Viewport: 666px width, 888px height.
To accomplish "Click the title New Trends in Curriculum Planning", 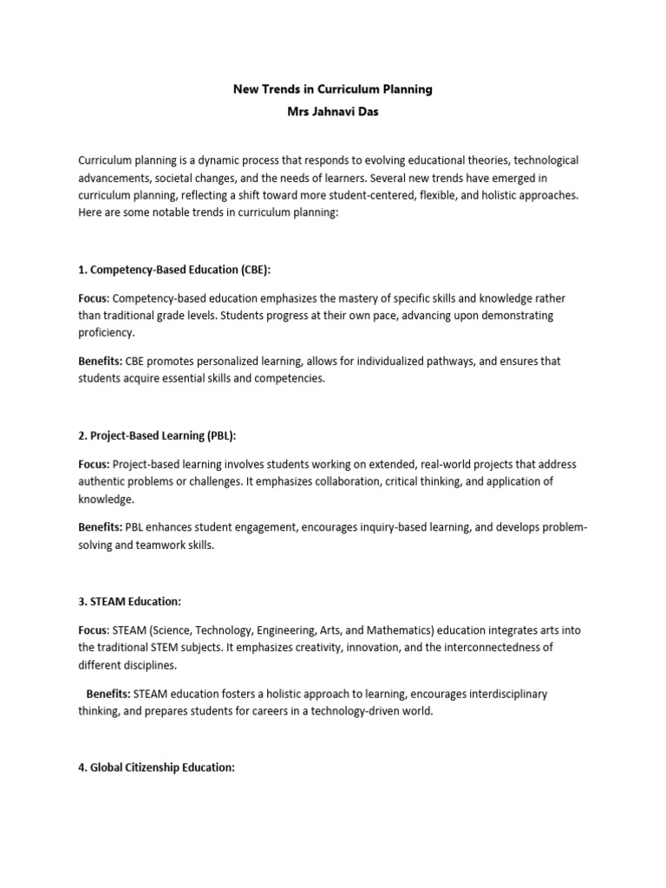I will pyautogui.click(x=333, y=89).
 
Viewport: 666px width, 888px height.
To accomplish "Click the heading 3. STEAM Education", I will pyautogui.click(x=129, y=600).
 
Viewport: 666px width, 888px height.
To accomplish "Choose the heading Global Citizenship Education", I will pyautogui.click(x=156, y=767).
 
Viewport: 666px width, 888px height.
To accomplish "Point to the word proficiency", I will pyautogui.click(x=106, y=333).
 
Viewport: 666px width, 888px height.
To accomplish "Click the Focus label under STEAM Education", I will pyautogui.click(x=93, y=630).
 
